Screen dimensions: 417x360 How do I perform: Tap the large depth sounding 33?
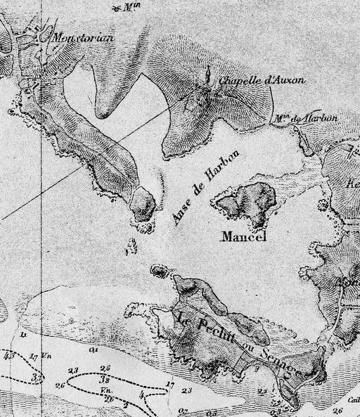37,378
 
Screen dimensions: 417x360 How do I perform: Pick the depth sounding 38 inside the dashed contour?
104,378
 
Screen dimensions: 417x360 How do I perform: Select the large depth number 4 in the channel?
141,395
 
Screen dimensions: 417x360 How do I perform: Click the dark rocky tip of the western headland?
145,204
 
